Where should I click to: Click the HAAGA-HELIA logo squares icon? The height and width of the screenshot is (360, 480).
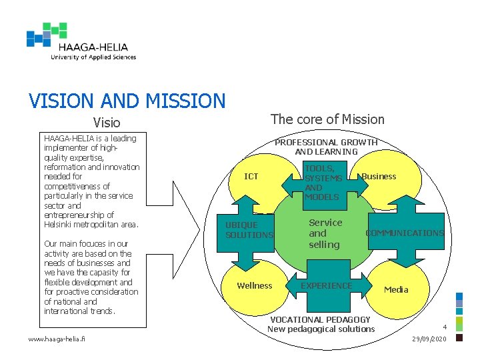(x=47, y=35)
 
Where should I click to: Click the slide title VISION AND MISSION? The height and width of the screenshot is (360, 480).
(x=127, y=101)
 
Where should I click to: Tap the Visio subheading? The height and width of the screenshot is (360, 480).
(x=107, y=123)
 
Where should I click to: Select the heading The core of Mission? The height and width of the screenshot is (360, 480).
(x=327, y=119)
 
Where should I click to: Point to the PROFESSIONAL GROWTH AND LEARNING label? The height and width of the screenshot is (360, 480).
(x=327, y=147)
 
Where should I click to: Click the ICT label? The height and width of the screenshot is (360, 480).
(x=251, y=177)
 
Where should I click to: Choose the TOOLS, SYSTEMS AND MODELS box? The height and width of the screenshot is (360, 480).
(x=323, y=183)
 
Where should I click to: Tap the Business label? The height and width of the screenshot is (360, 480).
(x=379, y=177)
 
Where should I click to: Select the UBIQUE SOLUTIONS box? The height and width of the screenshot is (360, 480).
(x=249, y=230)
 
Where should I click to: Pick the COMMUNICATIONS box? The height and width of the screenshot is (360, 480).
(x=405, y=233)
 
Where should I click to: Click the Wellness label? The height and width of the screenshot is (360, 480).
(x=255, y=286)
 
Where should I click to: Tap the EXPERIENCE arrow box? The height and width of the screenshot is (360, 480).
(x=326, y=286)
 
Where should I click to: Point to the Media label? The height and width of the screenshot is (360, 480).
(x=396, y=289)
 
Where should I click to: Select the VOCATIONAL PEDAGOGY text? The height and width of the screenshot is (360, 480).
(x=320, y=320)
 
